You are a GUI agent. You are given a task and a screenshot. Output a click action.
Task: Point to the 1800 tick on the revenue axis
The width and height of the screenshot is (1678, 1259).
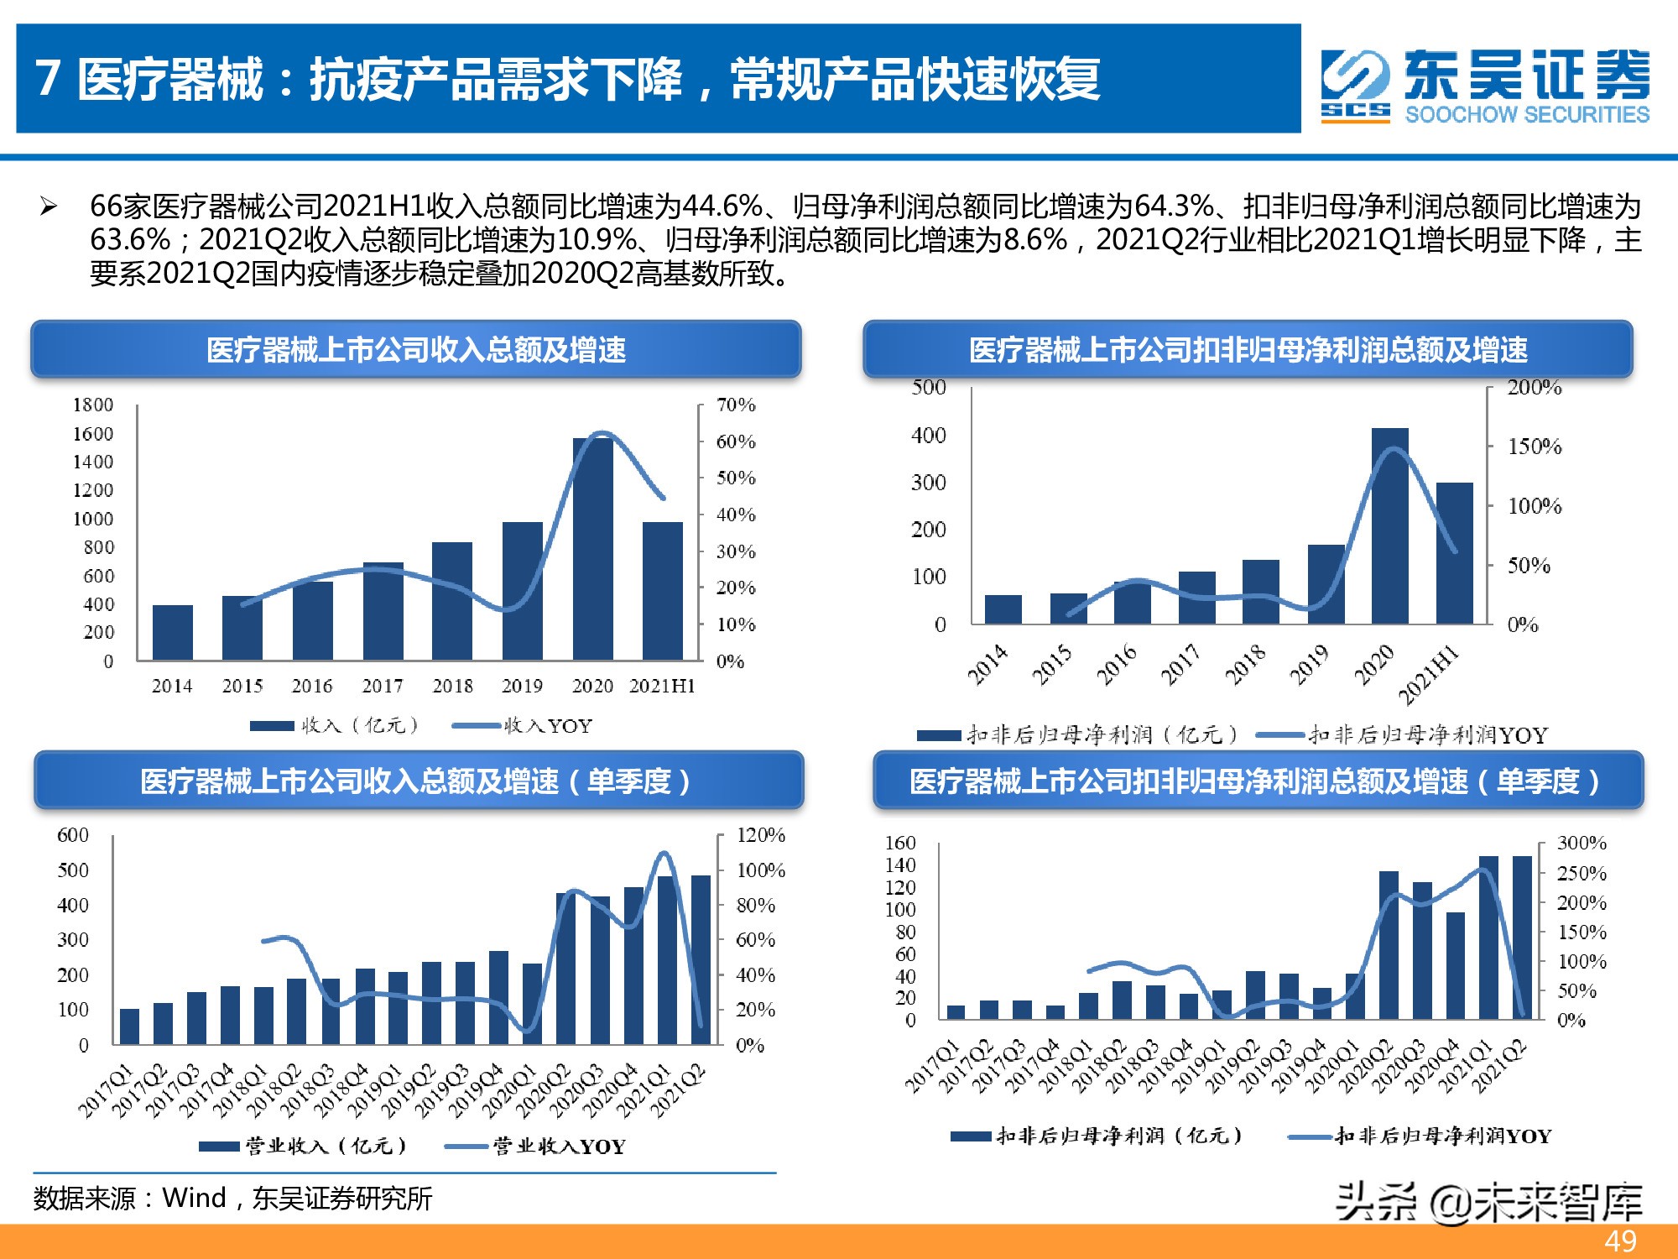point(93,405)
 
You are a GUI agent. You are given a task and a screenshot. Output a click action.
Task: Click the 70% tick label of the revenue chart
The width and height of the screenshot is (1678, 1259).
point(736,405)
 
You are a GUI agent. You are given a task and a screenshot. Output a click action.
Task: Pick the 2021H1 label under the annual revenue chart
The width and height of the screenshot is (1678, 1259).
point(662,686)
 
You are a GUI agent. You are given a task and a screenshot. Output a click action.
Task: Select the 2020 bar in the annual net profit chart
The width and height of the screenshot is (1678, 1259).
point(1389,525)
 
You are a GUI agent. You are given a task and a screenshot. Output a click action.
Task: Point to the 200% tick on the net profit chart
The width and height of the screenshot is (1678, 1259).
point(1534,388)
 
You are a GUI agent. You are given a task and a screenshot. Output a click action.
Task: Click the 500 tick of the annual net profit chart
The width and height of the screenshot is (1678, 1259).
point(929,388)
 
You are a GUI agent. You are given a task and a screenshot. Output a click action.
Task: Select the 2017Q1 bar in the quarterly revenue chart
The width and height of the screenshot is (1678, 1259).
point(129,1026)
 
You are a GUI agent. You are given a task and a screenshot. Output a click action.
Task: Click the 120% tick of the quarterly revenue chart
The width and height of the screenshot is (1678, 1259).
point(760,835)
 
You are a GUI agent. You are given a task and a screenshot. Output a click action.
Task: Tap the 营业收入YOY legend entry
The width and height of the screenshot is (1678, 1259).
point(536,1146)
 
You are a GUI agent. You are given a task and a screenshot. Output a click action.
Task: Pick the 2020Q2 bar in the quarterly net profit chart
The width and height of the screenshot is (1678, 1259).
point(1389,945)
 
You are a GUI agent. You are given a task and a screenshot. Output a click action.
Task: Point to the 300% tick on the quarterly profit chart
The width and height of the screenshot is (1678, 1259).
point(1582,843)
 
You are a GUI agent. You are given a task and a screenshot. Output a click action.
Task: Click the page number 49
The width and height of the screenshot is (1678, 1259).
point(1620,1241)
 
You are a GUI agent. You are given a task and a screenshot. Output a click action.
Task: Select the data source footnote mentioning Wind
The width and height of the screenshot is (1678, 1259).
point(232,1198)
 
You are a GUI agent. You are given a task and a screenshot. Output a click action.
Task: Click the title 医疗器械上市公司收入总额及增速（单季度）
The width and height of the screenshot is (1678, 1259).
point(417,781)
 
